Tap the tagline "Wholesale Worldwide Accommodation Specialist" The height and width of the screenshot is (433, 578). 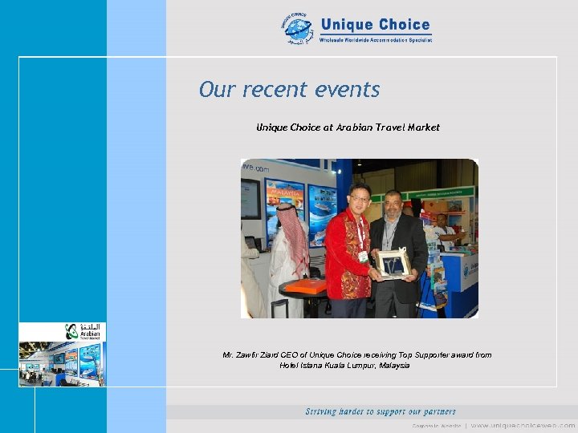tap(376, 39)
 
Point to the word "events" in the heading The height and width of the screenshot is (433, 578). tap(348, 89)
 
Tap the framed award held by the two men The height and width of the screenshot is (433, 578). tap(393, 263)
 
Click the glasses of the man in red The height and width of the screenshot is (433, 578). tap(360, 196)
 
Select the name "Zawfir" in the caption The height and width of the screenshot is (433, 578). tap(250, 354)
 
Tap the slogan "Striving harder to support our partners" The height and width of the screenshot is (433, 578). tap(381, 411)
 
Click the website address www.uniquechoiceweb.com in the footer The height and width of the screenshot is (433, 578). tap(523, 424)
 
